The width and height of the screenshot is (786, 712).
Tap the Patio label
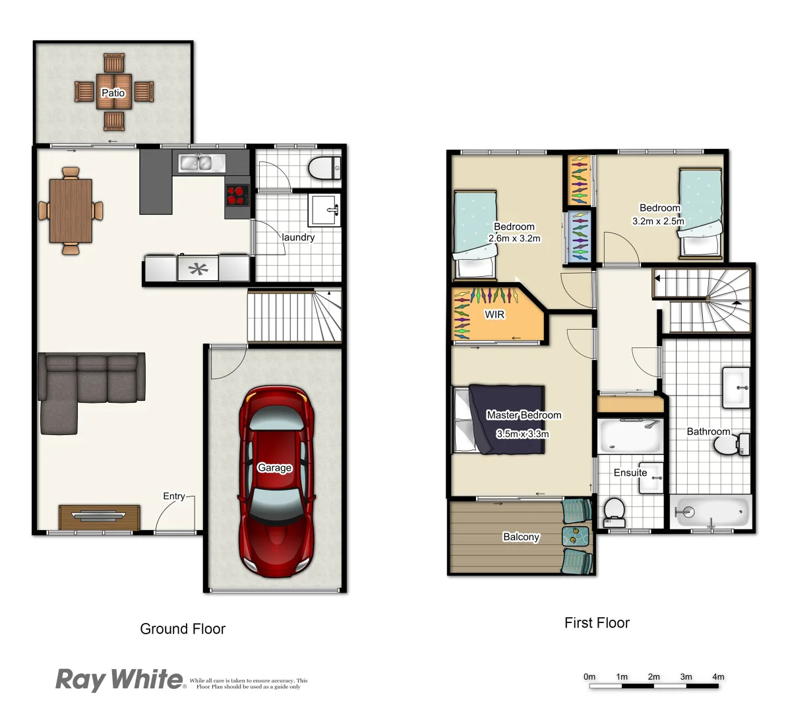[x=113, y=93]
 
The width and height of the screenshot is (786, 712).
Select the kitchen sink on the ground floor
[x=195, y=162]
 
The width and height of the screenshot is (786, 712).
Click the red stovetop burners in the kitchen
[x=237, y=196]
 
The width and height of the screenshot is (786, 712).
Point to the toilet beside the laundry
[x=323, y=168]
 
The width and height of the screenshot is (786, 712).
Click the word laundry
[x=298, y=237]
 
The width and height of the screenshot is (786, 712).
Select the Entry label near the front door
[x=174, y=496]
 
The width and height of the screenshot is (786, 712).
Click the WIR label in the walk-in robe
[x=495, y=315]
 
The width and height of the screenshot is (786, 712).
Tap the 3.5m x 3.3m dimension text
[x=523, y=434]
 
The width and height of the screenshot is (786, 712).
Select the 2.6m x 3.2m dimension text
[x=514, y=239]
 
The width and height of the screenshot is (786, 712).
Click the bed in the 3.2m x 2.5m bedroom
[x=701, y=211]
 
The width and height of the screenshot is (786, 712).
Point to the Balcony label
[x=521, y=537]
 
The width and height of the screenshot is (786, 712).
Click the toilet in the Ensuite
[x=615, y=510]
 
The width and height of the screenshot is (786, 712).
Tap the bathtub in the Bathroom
[x=712, y=510]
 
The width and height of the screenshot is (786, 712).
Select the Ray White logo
[x=119, y=680]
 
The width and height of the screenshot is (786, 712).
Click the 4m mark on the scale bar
[x=718, y=677]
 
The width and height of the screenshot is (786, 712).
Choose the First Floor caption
[x=597, y=623]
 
